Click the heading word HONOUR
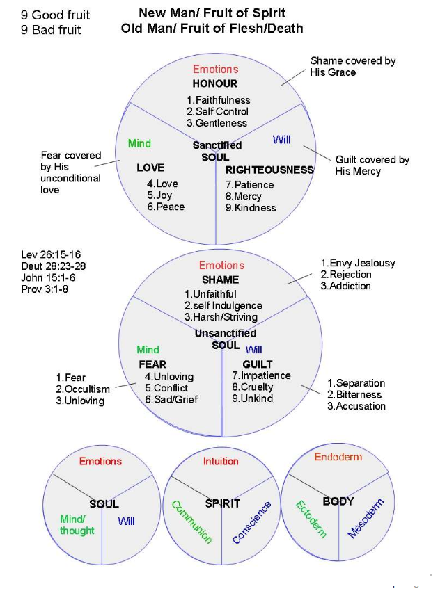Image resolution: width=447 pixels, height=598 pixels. tap(215, 83)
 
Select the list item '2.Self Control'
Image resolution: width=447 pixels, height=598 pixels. tap(217, 111)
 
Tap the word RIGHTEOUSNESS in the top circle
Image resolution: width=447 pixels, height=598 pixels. tap(269, 169)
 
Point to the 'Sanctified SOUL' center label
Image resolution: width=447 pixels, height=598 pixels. tap(217, 151)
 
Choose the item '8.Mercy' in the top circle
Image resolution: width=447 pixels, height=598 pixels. tap(244, 196)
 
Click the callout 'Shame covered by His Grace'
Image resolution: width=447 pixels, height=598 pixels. tap(353, 66)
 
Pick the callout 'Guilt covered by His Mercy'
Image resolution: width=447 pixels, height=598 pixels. tap(372, 165)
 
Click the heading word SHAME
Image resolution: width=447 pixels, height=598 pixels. tap(220, 280)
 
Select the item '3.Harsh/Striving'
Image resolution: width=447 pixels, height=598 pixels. tap(221, 317)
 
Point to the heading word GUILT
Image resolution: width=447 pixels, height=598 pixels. tap(258, 364)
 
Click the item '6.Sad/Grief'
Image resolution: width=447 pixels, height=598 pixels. tap(172, 399)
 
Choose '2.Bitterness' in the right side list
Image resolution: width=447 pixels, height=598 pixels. tap(356, 394)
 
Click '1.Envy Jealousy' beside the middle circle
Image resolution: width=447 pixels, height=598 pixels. tap(358, 263)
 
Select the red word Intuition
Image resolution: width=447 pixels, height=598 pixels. tap(221, 461)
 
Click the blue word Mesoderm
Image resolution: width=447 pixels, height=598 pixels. tap(366, 518)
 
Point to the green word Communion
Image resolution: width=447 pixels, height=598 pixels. tap(191, 522)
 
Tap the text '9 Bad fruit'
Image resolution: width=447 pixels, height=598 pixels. tap(51, 30)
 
